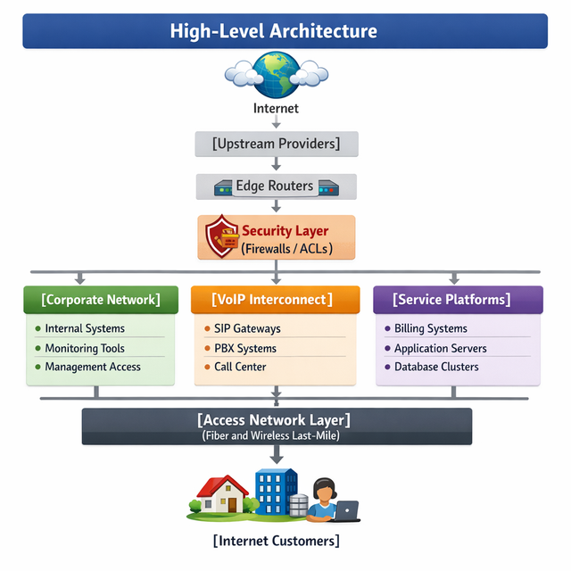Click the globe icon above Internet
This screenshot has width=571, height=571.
pyautogui.click(x=277, y=75)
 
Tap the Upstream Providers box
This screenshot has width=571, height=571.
pyautogui.click(x=277, y=144)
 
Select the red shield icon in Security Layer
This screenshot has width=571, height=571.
pyautogui.click(x=221, y=236)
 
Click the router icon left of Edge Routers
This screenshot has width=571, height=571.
pyautogui.click(x=223, y=188)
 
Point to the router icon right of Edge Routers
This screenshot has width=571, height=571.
pyautogui.click(x=328, y=188)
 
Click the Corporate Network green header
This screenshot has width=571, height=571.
pyautogui.click(x=101, y=300)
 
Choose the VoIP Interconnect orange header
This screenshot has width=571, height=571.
pyautogui.click(x=276, y=300)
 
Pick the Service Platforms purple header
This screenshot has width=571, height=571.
pyautogui.click(x=458, y=300)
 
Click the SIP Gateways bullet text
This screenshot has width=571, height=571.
pyautogui.click(x=247, y=328)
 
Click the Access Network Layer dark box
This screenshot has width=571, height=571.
pyautogui.click(x=277, y=426)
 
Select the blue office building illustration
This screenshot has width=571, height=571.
pyautogui.click(x=276, y=492)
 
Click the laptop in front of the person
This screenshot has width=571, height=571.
pyautogui.click(x=347, y=511)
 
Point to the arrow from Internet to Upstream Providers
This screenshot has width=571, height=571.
pyautogui.click(x=277, y=121)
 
